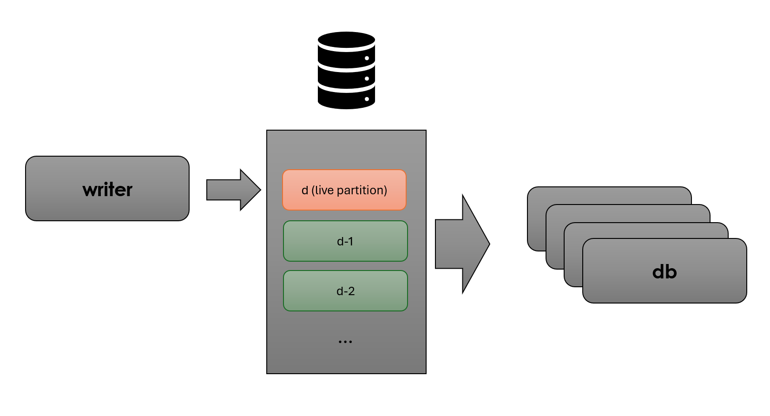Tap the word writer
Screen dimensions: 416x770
tap(107, 190)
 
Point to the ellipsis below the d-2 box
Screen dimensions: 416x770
tap(345, 342)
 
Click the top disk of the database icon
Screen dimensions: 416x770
tap(346, 40)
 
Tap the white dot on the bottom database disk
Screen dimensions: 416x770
tap(367, 99)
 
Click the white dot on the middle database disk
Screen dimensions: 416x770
tap(367, 79)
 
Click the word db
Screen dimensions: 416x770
tap(665, 272)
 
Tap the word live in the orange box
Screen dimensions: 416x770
tap(324, 190)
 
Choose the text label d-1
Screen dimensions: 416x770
tap(345, 241)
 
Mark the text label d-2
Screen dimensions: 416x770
tap(345, 291)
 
